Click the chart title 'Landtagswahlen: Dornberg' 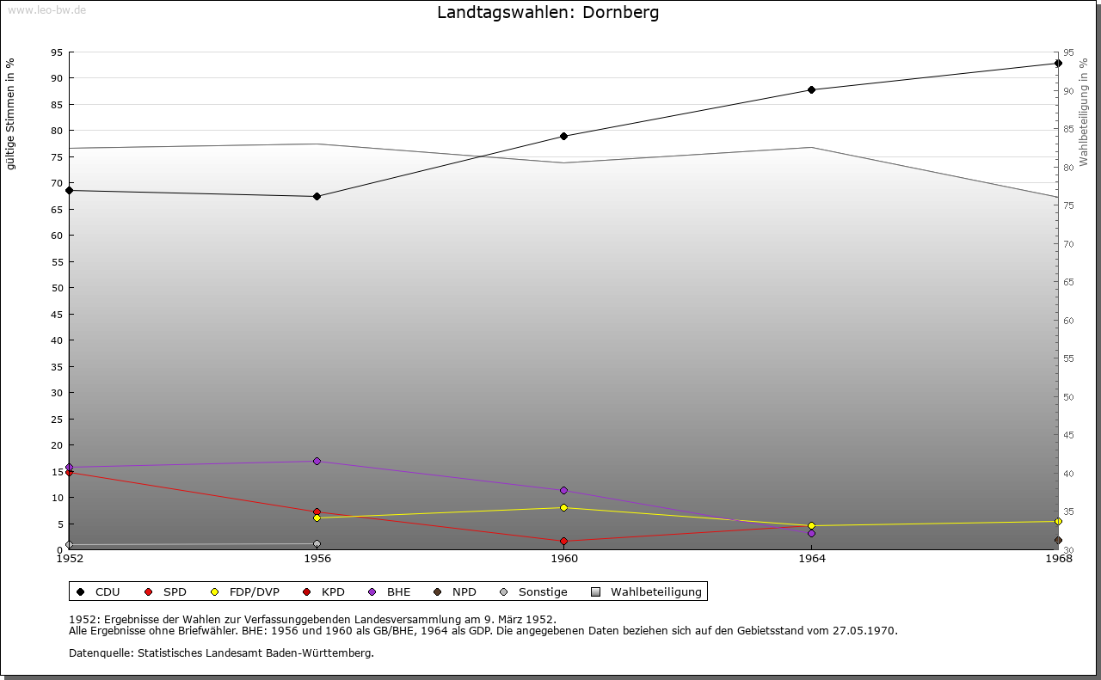(548, 13)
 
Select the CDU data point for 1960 (564, 136)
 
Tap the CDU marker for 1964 (811, 89)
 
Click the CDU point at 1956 (317, 196)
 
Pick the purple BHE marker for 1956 (317, 461)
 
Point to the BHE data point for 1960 (564, 490)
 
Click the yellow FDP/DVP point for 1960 (564, 507)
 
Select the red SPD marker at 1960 (564, 541)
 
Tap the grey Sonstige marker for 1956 (317, 543)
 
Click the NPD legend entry (456, 591)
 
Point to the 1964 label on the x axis (811, 559)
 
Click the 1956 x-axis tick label (317, 559)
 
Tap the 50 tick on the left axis (57, 288)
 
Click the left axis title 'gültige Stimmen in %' (11, 113)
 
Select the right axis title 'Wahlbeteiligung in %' (1084, 112)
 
